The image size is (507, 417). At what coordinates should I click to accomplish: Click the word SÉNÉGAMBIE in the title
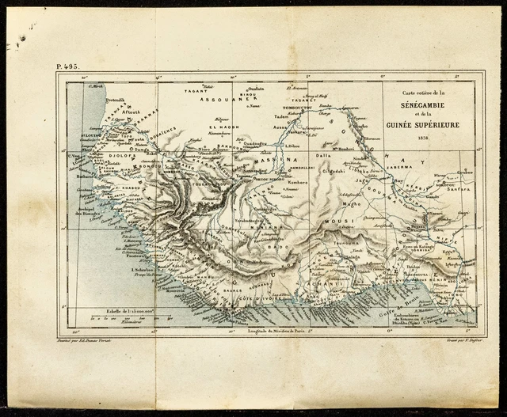pyautogui.click(x=427, y=104)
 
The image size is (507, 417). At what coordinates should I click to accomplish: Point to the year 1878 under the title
pyautogui.click(x=427, y=136)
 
